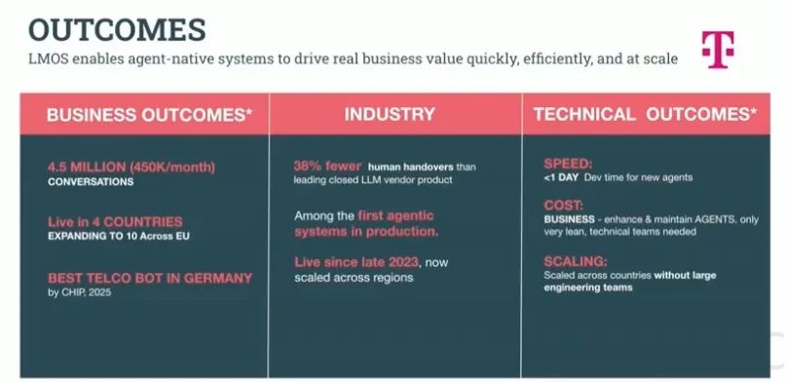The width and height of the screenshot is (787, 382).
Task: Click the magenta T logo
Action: coord(718,49)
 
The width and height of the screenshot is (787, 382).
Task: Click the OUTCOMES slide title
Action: coord(118,29)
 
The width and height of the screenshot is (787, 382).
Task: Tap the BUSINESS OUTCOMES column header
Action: coord(149,114)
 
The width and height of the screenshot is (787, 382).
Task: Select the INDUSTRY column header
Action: coord(390,114)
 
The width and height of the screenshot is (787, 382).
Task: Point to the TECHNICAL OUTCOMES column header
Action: coord(645,114)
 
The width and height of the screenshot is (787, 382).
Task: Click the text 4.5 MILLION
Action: coord(87,167)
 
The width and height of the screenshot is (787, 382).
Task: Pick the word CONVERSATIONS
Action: coord(91,181)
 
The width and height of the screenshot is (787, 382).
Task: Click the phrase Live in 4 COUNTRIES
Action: coord(116,221)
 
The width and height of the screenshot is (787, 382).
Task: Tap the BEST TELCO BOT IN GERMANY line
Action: coord(150,278)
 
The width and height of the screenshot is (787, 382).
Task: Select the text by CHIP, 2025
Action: coord(79,292)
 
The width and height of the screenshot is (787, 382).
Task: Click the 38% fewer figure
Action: coord(327,167)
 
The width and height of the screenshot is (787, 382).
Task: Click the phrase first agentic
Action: coord(395,215)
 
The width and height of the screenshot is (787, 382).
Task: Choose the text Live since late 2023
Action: coord(356,262)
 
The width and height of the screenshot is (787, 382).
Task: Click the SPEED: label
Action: coord(568,164)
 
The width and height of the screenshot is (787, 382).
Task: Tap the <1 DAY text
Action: coord(562,177)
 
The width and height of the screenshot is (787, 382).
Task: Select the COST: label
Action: coord(564,206)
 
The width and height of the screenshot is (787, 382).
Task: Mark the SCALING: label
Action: coord(576,261)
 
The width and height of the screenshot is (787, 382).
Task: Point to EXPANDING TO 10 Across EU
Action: coord(119,236)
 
